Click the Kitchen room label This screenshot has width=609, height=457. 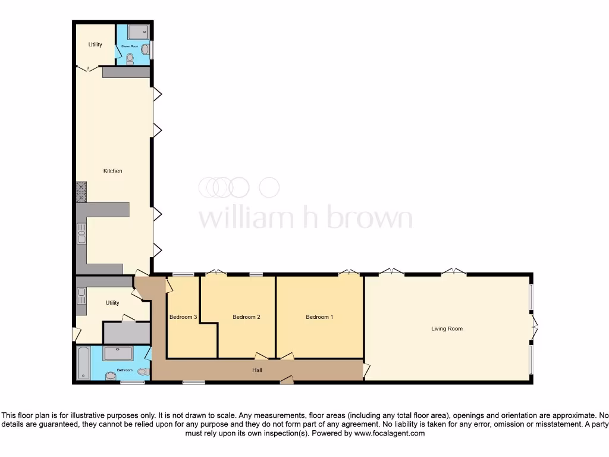[112, 171]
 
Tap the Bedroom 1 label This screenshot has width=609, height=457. [319, 317]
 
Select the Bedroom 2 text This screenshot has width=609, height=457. [246, 317]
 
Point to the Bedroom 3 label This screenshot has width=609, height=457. [183, 317]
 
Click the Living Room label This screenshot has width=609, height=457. [447, 328]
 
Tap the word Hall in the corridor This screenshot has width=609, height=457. [257, 370]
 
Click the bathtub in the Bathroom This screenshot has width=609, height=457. [83, 363]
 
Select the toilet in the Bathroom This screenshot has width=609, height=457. [142, 371]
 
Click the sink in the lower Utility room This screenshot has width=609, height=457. [81, 296]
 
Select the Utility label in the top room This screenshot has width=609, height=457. [95, 45]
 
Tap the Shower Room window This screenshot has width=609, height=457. [152, 50]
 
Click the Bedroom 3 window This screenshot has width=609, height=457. [183, 274]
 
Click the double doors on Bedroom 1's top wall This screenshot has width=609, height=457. [349, 273]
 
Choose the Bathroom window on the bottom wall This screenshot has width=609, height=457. [133, 383]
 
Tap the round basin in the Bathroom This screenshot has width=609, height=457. [111, 376]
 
